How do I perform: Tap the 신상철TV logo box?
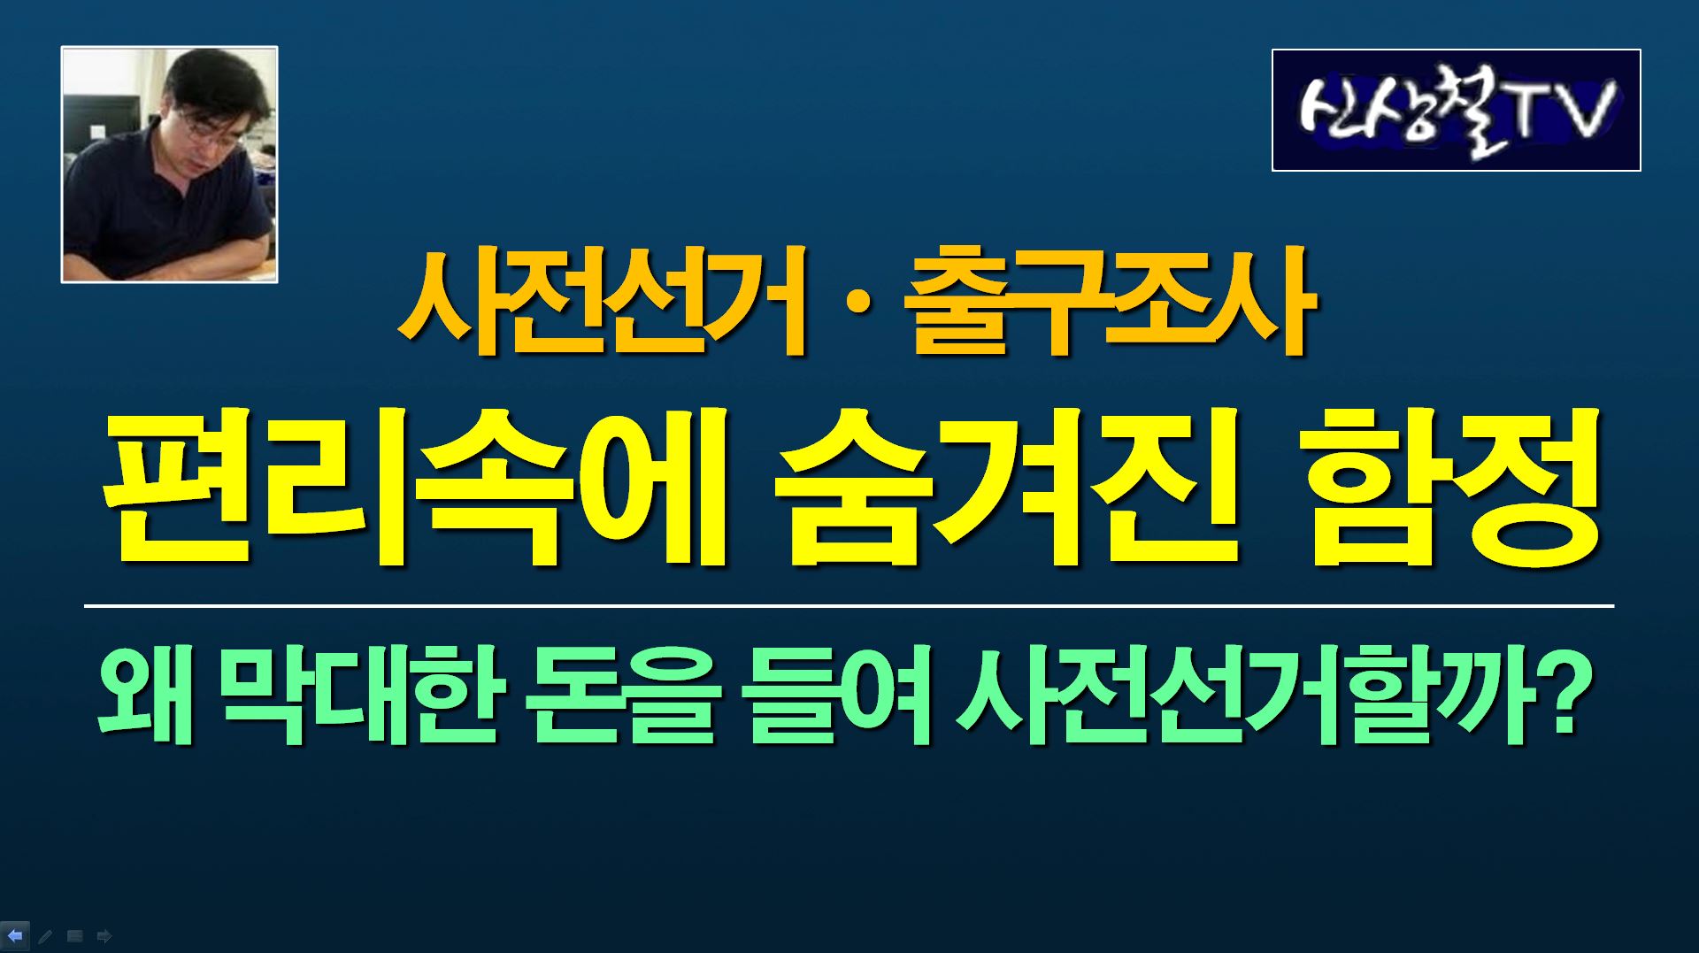pos(1456,110)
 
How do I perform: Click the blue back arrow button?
pos(15,935)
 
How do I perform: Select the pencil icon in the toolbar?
pos(45,936)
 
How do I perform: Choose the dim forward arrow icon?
pos(104,936)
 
